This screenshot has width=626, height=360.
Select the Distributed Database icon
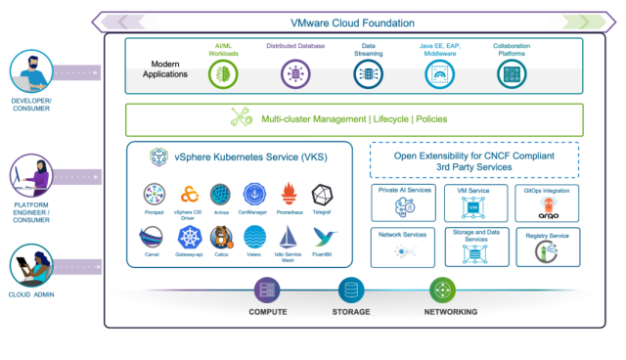[x=291, y=71]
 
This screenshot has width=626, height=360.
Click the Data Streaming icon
[x=368, y=71]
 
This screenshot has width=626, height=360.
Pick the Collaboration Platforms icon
[x=512, y=71]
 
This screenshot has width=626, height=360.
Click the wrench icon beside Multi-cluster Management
[x=241, y=118]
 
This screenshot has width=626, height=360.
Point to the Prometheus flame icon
[x=288, y=193]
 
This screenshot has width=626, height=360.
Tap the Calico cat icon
[x=221, y=238]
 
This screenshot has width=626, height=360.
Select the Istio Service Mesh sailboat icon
[x=288, y=238]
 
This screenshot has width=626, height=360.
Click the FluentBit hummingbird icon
[x=325, y=238]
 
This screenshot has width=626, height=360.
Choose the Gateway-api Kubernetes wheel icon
[x=189, y=238]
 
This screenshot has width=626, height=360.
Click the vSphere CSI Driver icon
[x=189, y=193]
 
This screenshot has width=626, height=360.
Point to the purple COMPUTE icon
[x=267, y=291]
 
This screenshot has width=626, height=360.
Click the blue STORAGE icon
[x=349, y=291]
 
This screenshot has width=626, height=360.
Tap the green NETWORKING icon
[x=442, y=291]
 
